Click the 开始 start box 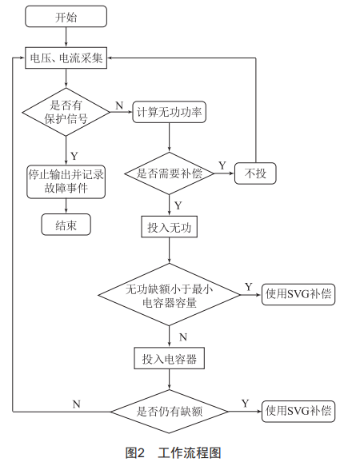click(66, 17)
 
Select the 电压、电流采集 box click(66, 58)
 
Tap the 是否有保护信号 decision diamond click(66, 112)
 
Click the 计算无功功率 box click(170, 112)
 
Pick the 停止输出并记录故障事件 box click(66, 181)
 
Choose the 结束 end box click(66, 225)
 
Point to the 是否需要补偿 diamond click(170, 173)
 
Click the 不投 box click(255, 173)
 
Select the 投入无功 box click(170, 227)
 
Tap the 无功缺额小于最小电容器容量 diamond click(170, 295)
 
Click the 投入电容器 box click(170, 358)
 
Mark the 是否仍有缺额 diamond click(170, 412)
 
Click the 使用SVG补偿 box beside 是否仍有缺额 click(298, 412)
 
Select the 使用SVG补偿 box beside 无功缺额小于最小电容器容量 click(298, 294)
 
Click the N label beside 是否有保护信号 click(119, 106)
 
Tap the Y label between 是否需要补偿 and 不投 click(222, 165)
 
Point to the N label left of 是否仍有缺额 click(76, 404)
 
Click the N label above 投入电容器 click(183, 337)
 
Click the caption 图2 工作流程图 click(174, 452)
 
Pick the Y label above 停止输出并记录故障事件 click(74, 156)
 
